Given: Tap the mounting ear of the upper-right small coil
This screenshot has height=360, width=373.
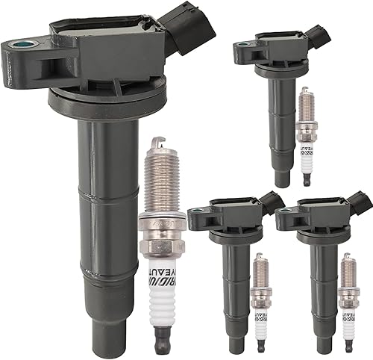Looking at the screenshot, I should (242, 51).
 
